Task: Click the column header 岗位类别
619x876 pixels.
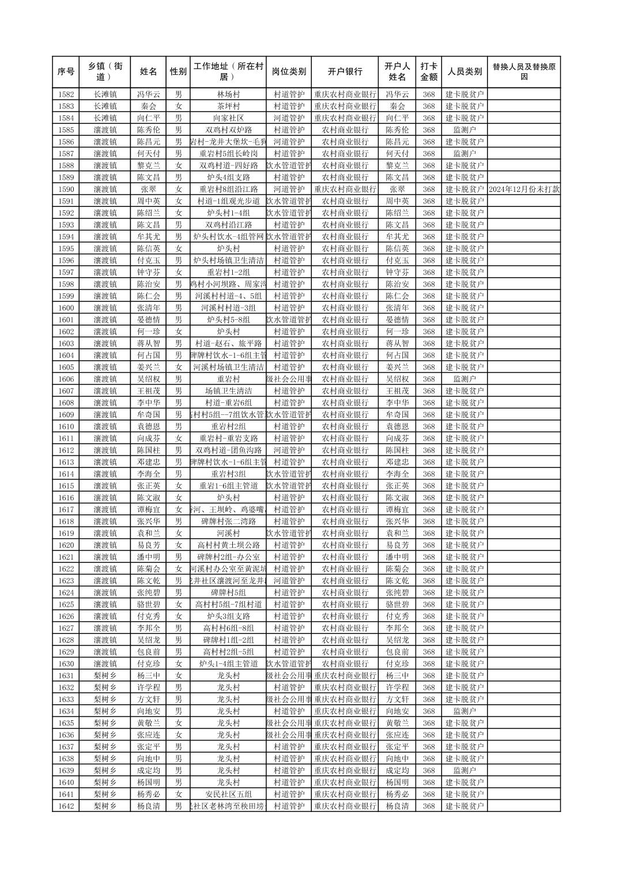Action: pyautogui.click(x=289, y=72)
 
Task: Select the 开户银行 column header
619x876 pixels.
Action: pyautogui.click(x=345, y=72)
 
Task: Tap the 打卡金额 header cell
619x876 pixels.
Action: pyautogui.click(x=428, y=72)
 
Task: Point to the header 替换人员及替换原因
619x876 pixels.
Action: pyautogui.click(x=523, y=72)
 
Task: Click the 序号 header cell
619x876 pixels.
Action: pyautogui.click(x=66, y=72)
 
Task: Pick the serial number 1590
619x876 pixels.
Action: pyautogui.click(x=66, y=189)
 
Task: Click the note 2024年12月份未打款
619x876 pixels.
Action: pyautogui.click(x=523, y=189)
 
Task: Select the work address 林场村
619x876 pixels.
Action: pyautogui.click(x=228, y=95)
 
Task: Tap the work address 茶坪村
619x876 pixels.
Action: pyautogui.click(x=228, y=106)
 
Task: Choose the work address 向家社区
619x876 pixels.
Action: pyautogui.click(x=228, y=118)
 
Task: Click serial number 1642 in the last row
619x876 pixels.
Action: pyautogui.click(x=66, y=806)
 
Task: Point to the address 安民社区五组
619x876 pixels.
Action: pyautogui.click(x=228, y=794)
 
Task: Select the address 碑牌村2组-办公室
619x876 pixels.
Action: pyautogui.click(x=228, y=557)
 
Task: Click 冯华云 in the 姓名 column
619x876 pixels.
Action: pyautogui.click(x=148, y=95)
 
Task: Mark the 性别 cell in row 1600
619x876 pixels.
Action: pyautogui.click(x=178, y=308)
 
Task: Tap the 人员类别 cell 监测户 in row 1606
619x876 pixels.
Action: pyautogui.click(x=465, y=379)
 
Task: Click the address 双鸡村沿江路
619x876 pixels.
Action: pyautogui.click(x=228, y=225)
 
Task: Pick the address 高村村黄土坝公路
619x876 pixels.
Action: pyautogui.click(x=228, y=545)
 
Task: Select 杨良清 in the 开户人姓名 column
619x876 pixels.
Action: pyautogui.click(x=397, y=806)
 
